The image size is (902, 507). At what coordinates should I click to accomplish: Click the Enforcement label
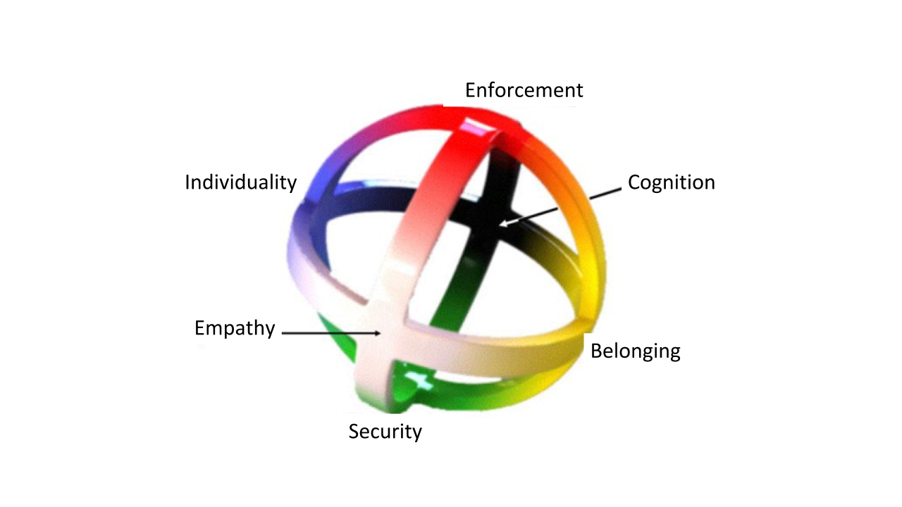[524, 90]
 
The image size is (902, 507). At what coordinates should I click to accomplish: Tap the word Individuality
[240, 182]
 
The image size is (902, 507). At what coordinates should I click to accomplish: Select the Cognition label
[671, 182]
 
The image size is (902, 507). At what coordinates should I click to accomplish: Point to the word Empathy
[235, 328]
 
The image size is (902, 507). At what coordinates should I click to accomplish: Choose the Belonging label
[635, 351]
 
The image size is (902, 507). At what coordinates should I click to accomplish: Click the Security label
[385, 431]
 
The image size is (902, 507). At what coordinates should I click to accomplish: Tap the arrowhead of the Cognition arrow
[502, 225]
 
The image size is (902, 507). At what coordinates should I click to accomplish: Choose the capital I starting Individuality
[187, 182]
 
